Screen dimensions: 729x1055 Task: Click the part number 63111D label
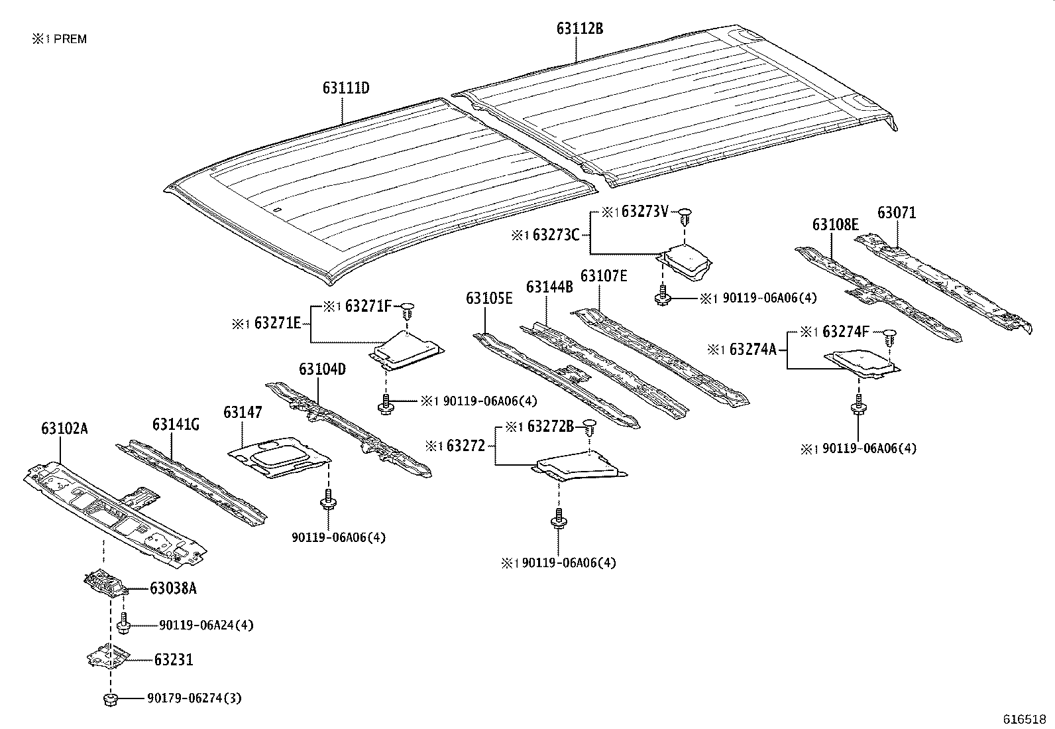pyautogui.click(x=345, y=88)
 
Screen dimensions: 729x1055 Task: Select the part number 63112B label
pyautogui.click(x=579, y=29)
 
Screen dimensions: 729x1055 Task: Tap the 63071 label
pyautogui.click(x=897, y=213)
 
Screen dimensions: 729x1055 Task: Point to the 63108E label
pyautogui.click(x=835, y=225)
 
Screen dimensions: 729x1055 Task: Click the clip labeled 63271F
pyautogui.click(x=408, y=308)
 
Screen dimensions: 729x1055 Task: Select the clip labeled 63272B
pyautogui.click(x=589, y=427)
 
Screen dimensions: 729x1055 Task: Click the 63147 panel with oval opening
pyautogui.click(x=278, y=457)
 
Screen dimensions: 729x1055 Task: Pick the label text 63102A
pyautogui.click(x=64, y=429)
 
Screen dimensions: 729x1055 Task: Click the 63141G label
pyautogui.click(x=176, y=425)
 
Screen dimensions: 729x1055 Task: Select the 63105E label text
pyautogui.click(x=489, y=298)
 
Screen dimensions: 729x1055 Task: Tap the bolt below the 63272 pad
pyautogui.click(x=559, y=519)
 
